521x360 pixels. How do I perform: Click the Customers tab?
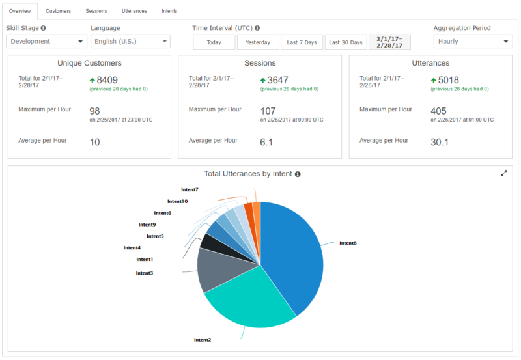(58, 11)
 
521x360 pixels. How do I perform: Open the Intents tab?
(169, 11)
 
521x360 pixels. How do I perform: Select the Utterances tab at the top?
(134, 11)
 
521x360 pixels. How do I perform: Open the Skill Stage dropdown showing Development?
(46, 42)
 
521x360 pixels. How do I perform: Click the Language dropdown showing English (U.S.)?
(130, 42)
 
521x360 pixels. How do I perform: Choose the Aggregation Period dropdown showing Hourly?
(473, 42)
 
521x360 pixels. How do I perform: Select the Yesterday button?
(258, 42)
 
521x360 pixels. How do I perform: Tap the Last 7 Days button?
(302, 42)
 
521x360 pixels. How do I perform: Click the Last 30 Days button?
(346, 42)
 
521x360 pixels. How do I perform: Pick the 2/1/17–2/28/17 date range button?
(389, 42)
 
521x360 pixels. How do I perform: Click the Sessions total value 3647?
(277, 81)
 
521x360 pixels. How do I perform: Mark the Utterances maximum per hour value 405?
(438, 111)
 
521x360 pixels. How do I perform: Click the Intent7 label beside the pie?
(190, 189)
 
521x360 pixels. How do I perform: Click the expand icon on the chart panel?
(504, 173)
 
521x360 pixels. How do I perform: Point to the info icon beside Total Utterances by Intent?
(298, 174)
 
